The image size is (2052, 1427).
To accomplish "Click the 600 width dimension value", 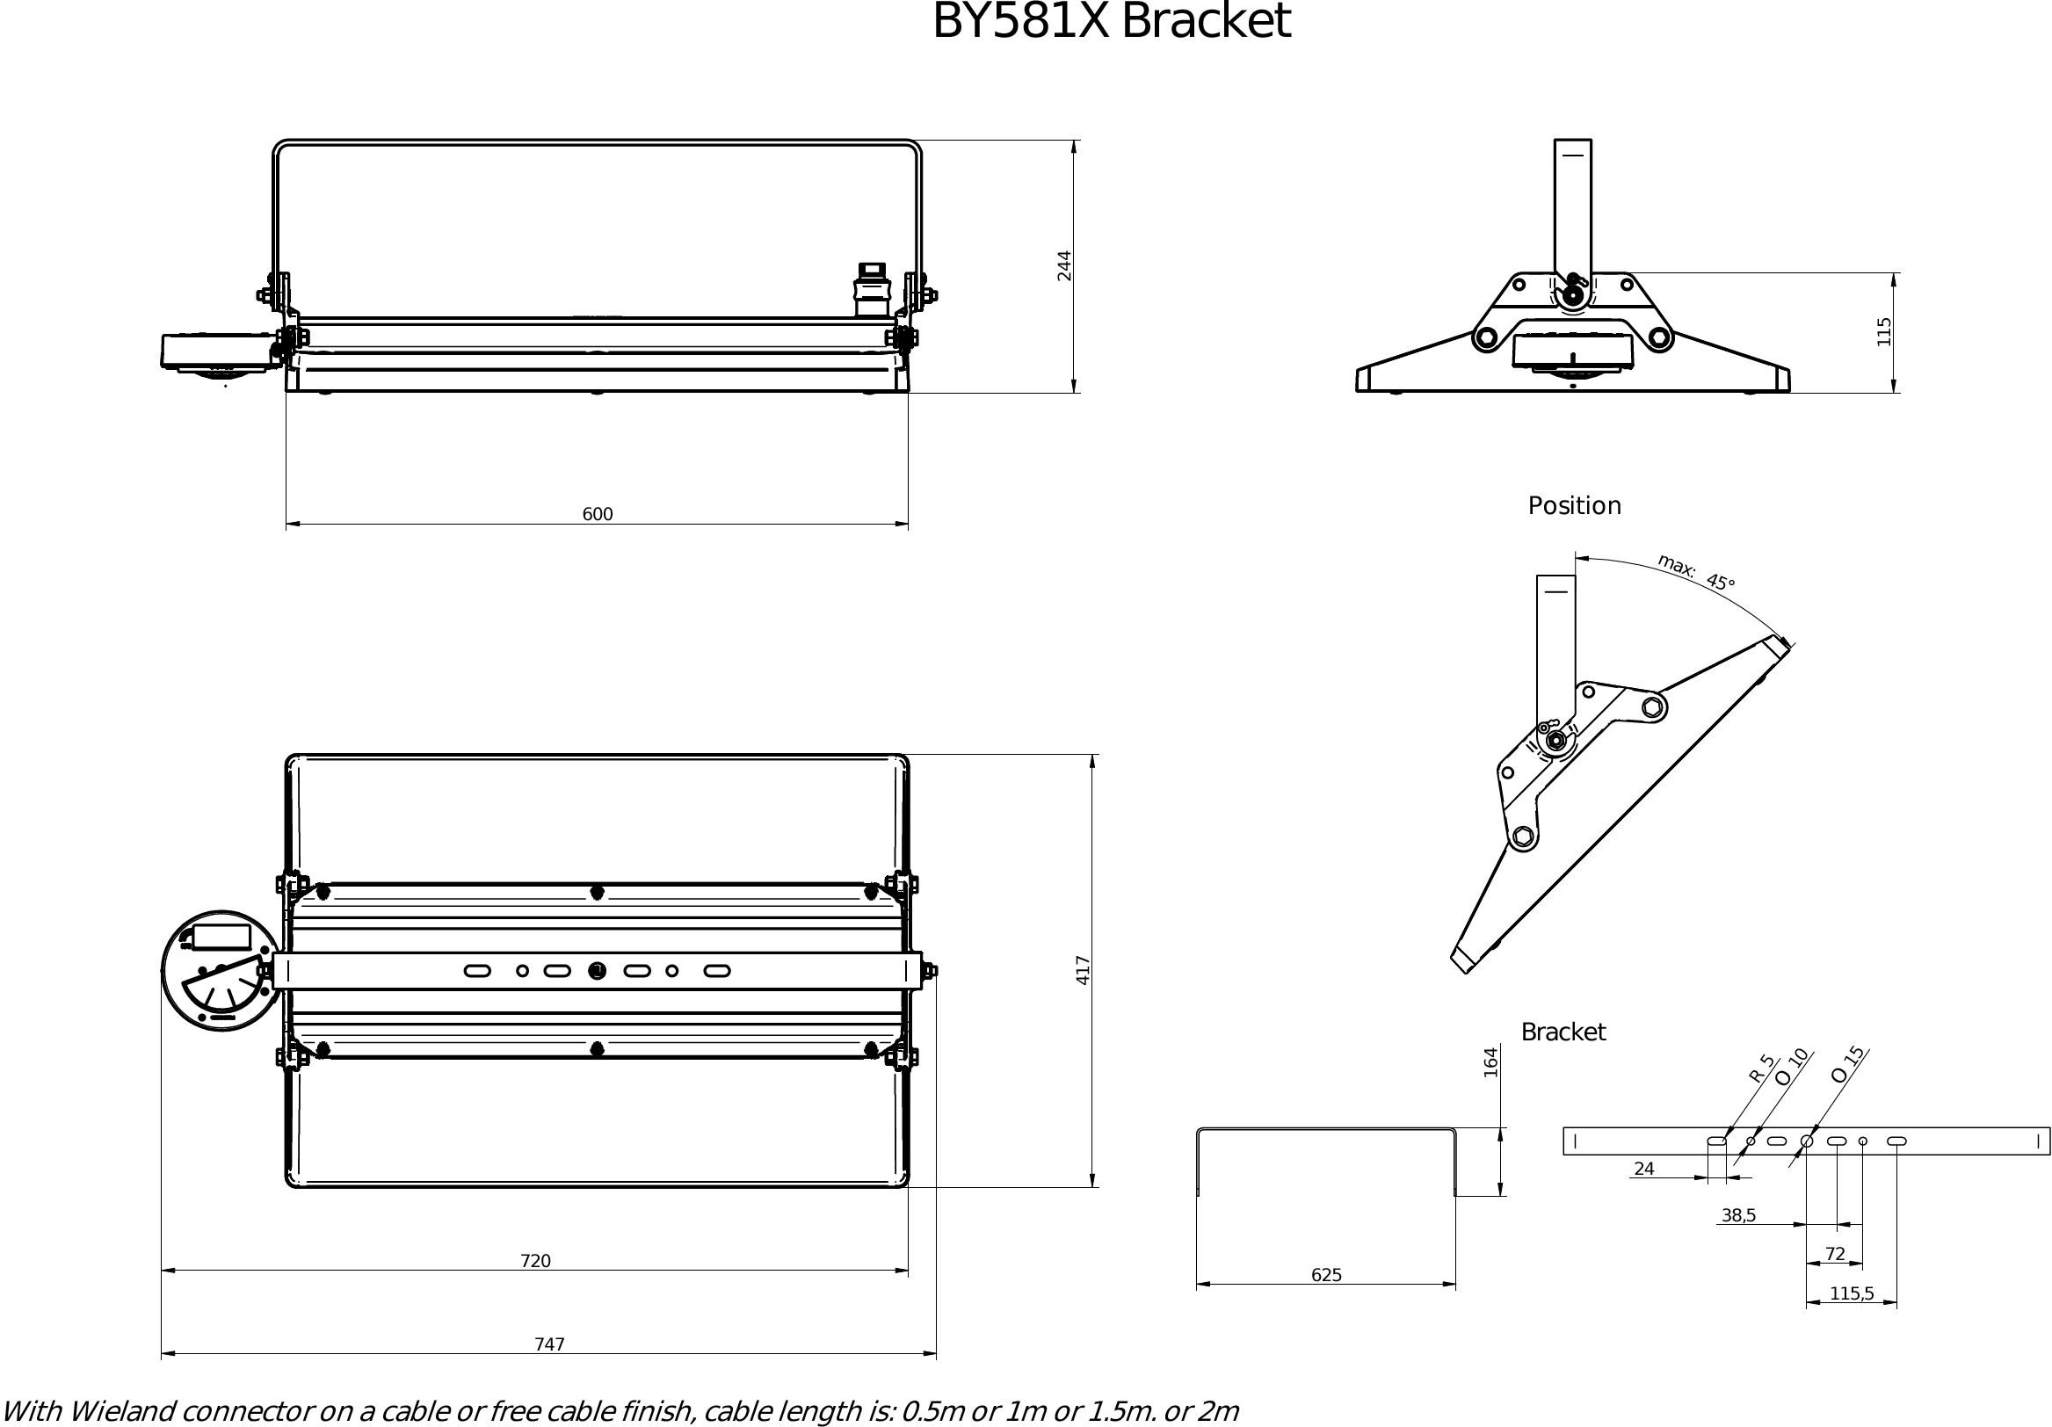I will click(x=597, y=514).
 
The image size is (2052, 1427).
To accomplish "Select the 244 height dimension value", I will click(x=1064, y=265).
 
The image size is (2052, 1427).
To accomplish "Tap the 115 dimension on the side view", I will click(x=1885, y=331).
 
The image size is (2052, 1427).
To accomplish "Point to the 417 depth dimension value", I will click(x=1084, y=970).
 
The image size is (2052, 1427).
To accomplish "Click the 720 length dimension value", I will click(x=535, y=1261).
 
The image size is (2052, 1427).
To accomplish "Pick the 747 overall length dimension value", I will click(x=548, y=1344).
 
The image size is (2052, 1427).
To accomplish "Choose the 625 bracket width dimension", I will click(x=1326, y=1275).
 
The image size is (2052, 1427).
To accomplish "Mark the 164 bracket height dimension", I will click(x=1490, y=1062).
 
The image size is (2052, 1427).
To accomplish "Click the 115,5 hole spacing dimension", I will click(x=1852, y=1293).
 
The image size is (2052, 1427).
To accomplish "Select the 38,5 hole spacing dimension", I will click(x=1738, y=1215).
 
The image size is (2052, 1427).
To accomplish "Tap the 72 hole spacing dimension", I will click(x=1835, y=1255).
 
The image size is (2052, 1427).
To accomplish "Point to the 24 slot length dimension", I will click(x=1643, y=1169).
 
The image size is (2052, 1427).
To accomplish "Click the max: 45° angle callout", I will click(x=1695, y=573).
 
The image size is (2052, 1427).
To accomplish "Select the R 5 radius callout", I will click(x=1760, y=1068).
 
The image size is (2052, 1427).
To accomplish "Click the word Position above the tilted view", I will click(x=1574, y=506).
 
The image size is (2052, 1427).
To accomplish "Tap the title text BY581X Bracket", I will click(x=1111, y=21).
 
